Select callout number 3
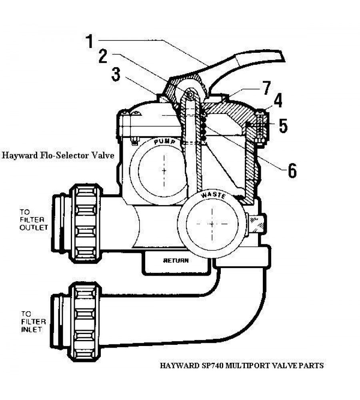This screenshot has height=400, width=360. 116,75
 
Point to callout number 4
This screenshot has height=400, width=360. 277,101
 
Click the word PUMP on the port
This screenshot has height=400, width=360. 164,142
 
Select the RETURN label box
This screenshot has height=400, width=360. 176,261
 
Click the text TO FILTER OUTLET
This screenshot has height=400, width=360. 34,220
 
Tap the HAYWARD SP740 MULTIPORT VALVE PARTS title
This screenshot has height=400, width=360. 242,365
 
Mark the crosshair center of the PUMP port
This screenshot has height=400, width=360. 164,170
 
